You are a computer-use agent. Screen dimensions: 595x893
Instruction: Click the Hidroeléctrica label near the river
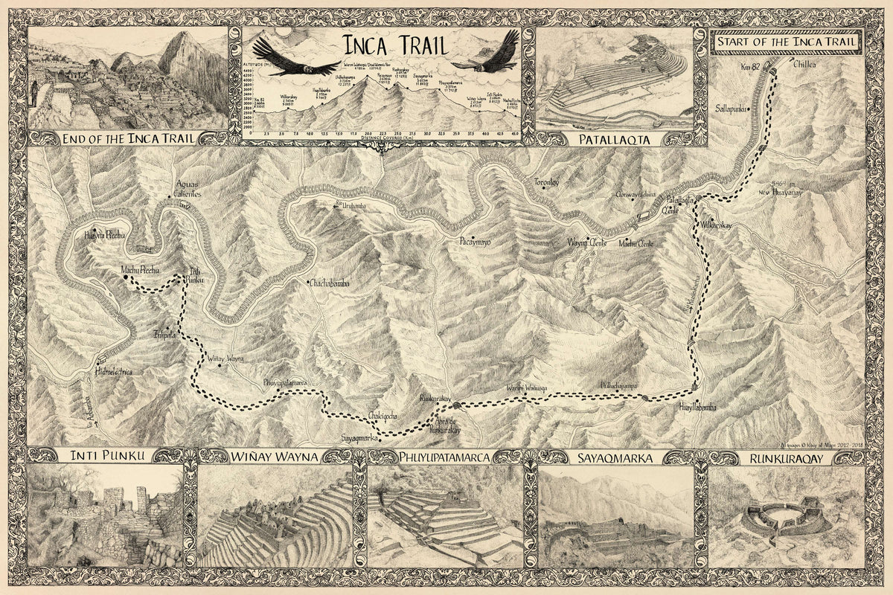click(112, 372)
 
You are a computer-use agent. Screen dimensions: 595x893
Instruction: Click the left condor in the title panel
click(286, 57)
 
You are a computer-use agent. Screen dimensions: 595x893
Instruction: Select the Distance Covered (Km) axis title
click(385, 138)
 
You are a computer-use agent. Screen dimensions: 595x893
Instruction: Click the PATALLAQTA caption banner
click(614, 139)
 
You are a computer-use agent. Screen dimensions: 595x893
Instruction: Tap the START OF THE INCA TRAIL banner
click(787, 43)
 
